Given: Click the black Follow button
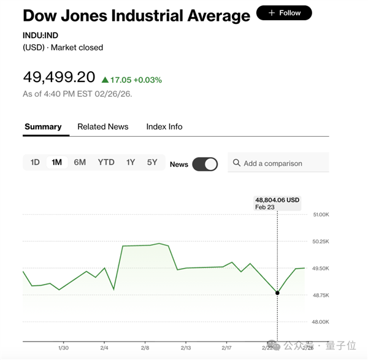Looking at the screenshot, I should click(x=284, y=13).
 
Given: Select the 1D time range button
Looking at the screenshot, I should click(x=35, y=163).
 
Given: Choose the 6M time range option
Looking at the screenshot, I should click(x=80, y=163).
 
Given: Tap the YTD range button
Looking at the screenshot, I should click(x=106, y=163).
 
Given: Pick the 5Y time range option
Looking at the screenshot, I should click(x=152, y=163).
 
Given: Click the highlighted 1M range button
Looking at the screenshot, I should click(x=57, y=163).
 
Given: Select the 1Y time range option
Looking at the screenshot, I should click(x=131, y=163).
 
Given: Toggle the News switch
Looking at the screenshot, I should click(x=205, y=164).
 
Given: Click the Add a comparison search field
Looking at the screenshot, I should click(x=278, y=163).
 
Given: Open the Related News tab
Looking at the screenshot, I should click(x=103, y=126).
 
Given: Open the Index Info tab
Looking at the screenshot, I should click(x=164, y=126).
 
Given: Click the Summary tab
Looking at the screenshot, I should click(x=43, y=126).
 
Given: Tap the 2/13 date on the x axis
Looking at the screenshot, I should click(x=185, y=347).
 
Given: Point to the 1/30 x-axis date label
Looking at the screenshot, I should click(x=63, y=347).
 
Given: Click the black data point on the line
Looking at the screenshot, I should click(x=277, y=293).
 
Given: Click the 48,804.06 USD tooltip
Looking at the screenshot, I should click(x=277, y=203).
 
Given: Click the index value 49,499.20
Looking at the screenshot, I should click(x=59, y=77).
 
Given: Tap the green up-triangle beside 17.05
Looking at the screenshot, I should click(x=105, y=80).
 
